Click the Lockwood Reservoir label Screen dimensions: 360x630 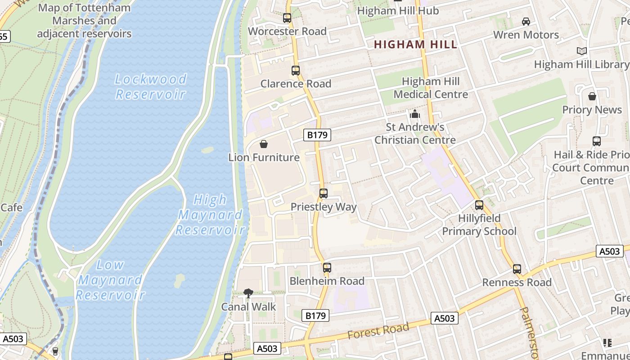pyautogui.click(x=150, y=86)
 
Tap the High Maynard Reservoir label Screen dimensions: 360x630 pyautogui.click(x=210, y=215)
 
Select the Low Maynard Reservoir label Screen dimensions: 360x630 pyautogui.click(x=110, y=280)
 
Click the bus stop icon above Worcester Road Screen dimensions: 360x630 pyautogui.click(x=287, y=18)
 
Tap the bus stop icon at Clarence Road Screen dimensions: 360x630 pyautogui.click(x=296, y=71)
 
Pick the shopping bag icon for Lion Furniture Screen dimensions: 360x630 pyautogui.click(x=264, y=144)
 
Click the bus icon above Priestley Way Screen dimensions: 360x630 pyautogui.click(x=324, y=193)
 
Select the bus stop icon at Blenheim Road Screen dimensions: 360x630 pyautogui.click(x=327, y=268)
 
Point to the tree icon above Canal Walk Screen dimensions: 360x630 pyautogui.click(x=248, y=293)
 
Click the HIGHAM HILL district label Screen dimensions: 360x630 pyautogui.click(x=415, y=45)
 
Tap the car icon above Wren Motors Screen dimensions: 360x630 pyautogui.click(x=526, y=21)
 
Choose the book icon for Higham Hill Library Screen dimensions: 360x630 pyautogui.click(x=582, y=51)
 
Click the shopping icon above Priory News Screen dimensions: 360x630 pyautogui.click(x=592, y=96)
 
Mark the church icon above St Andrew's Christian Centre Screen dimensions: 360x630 pyautogui.click(x=415, y=114)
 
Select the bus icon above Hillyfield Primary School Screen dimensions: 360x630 pyautogui.click(x=479, y=205)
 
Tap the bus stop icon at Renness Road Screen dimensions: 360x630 pyautogui.click(x=517, y=269)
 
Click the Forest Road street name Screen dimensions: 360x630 pyautogui.click(x=378, y=331)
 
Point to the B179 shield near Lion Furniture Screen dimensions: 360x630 pyautogui.click(x=318, y=135)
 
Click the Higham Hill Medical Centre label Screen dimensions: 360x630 pyautogui.click(x=431, y=88)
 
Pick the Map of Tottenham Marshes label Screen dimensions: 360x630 pyautogui.click(x=84, y=20)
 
